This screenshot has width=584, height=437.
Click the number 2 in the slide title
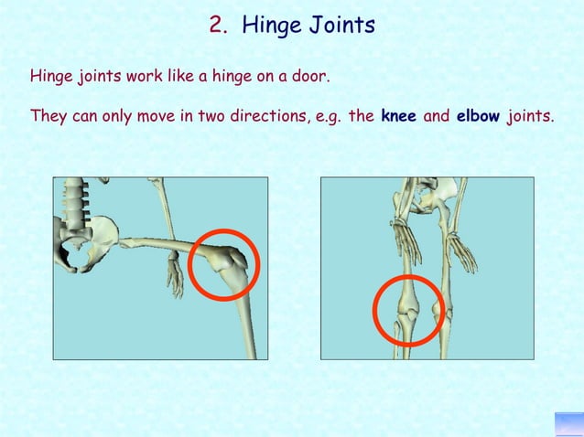click(217, 27)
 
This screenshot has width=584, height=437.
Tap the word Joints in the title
click(341, 27)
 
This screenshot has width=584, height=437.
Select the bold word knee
click(398, 117)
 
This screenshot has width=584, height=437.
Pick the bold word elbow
click(476, 117)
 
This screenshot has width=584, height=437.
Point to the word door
click(309, 76)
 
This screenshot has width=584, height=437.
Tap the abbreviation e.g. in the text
click(327, 118)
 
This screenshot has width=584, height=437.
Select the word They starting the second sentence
click(49, 117)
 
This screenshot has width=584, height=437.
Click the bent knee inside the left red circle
click(222, 263)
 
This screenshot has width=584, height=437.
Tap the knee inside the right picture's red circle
click(408, 309)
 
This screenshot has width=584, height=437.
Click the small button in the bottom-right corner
click(568, 424)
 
